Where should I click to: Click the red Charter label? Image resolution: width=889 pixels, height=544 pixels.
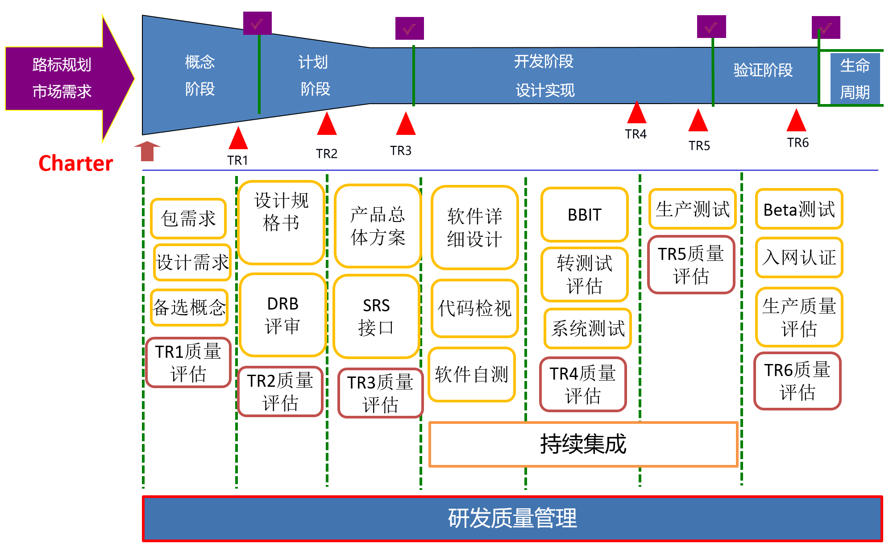click(75, 163)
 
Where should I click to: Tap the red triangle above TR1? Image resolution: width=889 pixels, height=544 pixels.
click(238, 138)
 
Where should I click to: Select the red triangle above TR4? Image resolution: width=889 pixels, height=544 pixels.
click(636, 112)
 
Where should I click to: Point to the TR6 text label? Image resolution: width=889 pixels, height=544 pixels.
click(798, 143)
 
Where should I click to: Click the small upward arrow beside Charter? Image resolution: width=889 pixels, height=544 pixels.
click(147, 151)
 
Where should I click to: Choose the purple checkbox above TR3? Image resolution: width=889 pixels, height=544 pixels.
click(409, 29)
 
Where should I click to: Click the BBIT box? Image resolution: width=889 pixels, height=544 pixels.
click(585, 215)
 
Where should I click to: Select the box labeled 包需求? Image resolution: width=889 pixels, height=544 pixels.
click(188, 219)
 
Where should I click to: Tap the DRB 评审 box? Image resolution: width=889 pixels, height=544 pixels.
click(282, 315)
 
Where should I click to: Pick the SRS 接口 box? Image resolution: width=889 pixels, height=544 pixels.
click(376, 317)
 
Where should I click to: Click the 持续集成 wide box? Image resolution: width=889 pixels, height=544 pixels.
click(583, 444)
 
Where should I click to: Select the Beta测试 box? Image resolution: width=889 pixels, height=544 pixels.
click(799, 209)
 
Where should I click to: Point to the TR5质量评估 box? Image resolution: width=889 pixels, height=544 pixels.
click(691, 264)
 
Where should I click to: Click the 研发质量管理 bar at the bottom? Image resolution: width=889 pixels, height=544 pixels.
click(512, 518)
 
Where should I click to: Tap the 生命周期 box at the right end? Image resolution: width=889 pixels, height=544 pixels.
click(855, 79)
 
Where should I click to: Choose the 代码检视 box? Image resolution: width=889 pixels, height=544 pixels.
click(474, 308)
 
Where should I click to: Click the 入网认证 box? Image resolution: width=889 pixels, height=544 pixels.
click(799, 258)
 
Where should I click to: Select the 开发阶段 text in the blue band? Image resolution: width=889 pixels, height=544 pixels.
click(544, 62)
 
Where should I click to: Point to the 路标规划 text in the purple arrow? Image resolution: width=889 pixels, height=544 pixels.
click(62, 65)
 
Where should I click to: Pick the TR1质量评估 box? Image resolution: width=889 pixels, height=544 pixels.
click(188, 363)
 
